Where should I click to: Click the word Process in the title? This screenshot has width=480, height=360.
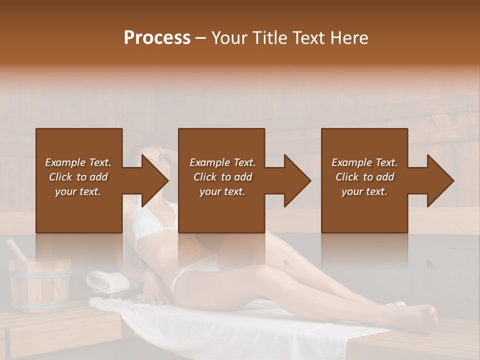[157, 38]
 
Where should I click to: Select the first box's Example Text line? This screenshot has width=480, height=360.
[78, 162]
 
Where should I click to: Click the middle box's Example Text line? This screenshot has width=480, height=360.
[222, 162]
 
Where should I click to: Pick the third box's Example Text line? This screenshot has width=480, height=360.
[364, 162]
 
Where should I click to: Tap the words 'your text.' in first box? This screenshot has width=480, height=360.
[78, 191]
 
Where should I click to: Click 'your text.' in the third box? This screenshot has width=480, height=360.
[364, 191]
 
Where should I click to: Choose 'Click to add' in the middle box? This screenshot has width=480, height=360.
[222, 177]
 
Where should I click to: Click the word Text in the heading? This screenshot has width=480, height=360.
[311, 38]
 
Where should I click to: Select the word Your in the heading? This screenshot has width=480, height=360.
[228, 38]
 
